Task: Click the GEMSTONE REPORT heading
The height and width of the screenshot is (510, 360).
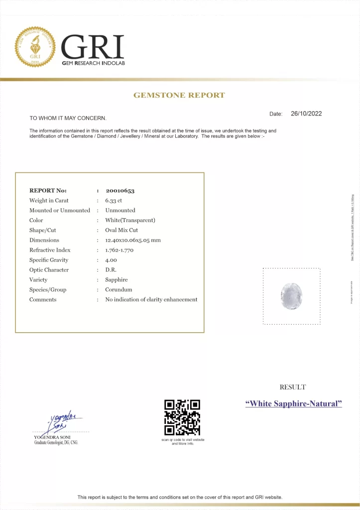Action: [x=179, y=95]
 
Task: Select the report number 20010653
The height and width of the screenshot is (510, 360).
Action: [x=120, y=190]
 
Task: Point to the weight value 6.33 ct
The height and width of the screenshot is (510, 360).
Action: [x=114, y=200]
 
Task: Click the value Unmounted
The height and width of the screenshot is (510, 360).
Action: [x=120, y=210]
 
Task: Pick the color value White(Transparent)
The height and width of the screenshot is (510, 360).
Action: [x=130, y=220]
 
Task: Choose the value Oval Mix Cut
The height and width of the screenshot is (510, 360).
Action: [x=121, y=230]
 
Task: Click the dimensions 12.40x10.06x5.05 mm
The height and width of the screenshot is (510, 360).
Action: [x=133, y=240]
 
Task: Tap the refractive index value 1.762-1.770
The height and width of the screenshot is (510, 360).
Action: [x=122, y=250]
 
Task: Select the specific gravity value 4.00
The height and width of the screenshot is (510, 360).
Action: [x=111, y=260]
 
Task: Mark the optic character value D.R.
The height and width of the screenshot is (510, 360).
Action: [x=111, y=270]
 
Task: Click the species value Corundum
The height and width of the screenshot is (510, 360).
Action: [x=119, y=290]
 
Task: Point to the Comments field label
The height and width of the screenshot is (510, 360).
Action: [x=43, y=300]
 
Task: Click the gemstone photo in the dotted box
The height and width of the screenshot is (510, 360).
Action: [x=291, y=296]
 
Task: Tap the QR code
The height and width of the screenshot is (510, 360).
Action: [x=182, y=417]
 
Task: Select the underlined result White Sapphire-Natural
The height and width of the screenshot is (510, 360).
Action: [x=294, y=403]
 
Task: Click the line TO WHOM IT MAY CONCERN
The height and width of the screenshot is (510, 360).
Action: [x=68, y=118]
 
